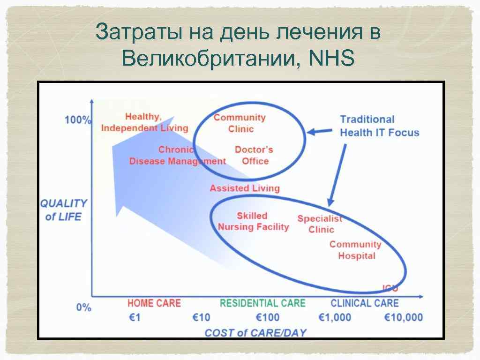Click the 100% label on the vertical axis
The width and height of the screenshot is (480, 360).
[x=78, y=120]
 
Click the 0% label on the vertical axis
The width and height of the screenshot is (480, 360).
[x=84, y=307]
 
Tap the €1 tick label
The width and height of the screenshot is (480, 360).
[x=135, y=317]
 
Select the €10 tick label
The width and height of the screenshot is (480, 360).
[x=202, y=317]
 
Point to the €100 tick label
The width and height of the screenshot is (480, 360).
[x=268, y=317]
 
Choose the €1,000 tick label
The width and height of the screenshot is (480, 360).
[x=335, y=317]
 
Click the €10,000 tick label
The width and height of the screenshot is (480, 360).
[x=403, y=317]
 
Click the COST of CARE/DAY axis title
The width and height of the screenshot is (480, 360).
[x=255, y=333]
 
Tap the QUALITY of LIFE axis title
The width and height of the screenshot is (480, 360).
[x=64, y=210]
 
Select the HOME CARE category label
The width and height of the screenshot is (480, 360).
[x=154, y=303]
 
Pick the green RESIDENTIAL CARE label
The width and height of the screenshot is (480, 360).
[x=262, y=303]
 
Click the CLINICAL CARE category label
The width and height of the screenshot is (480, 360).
[x=364, y=303]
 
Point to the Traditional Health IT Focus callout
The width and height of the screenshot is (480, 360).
[x=379, y=126]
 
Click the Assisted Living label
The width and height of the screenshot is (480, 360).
[x=244, y=188]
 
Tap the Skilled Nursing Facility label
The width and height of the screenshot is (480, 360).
[x=253, y=221]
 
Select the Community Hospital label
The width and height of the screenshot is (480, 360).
[x=355, y=250]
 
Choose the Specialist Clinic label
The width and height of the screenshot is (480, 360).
[x=321, y=224]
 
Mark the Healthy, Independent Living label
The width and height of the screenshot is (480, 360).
[x=144, y=122]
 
